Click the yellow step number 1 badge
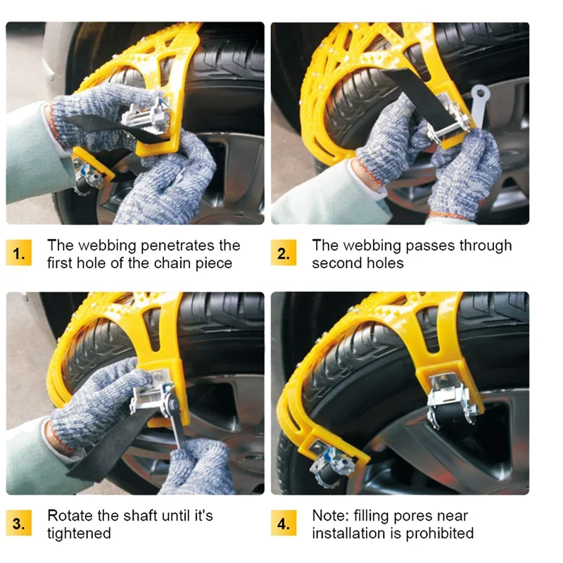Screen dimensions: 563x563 point(19,253)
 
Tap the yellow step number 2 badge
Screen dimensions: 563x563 point(284,253)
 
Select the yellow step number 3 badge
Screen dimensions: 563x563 point(19,523)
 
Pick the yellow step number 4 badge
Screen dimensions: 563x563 point(284,523)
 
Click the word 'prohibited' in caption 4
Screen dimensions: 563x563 point(439,534)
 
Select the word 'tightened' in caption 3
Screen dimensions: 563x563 point(79,534)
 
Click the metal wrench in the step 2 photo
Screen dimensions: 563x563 point(479,104)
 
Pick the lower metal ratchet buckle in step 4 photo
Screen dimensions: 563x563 point(332,463)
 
